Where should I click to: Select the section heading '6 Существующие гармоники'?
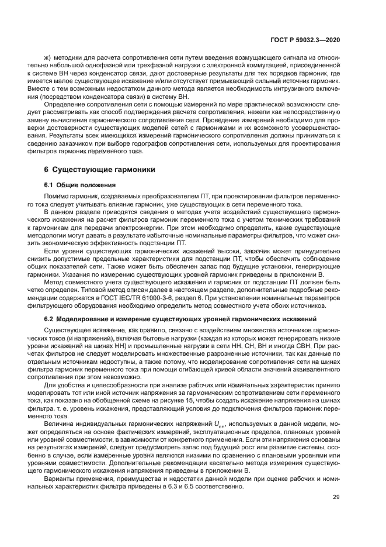point(100,170)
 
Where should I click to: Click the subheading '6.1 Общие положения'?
point(78,185)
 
